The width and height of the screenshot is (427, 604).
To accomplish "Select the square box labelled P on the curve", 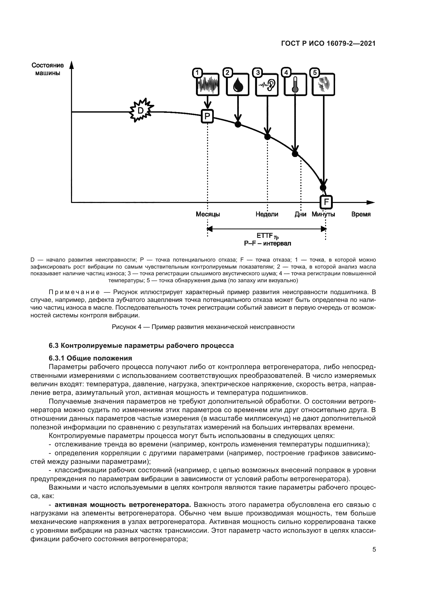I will tap(208, 116).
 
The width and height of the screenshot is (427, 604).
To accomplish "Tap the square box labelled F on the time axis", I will tap(326, 202).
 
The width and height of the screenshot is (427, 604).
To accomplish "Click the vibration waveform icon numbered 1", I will tap(208, 84).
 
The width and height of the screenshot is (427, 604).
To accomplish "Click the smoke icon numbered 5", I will tap(324, 84).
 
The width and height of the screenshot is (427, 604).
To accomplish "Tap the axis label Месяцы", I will tap(208, 214).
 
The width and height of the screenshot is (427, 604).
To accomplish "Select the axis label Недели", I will tap(267, 214).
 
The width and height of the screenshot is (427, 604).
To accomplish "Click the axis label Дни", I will tap(301, 214).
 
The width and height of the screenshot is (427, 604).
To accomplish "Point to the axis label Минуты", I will tap(323, 214).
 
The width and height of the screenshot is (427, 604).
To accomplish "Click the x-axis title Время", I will tap(361, 214).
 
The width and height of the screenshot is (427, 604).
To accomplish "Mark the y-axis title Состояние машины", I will tap(48, 69).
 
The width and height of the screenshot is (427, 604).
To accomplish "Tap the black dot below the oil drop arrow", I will tap(238, 124).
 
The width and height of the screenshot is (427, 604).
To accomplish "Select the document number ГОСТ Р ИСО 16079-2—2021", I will tap(328, 44).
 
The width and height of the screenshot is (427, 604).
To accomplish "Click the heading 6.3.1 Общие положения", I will tap(90, 358).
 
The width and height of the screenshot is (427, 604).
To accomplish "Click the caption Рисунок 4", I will tap(203, 327).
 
